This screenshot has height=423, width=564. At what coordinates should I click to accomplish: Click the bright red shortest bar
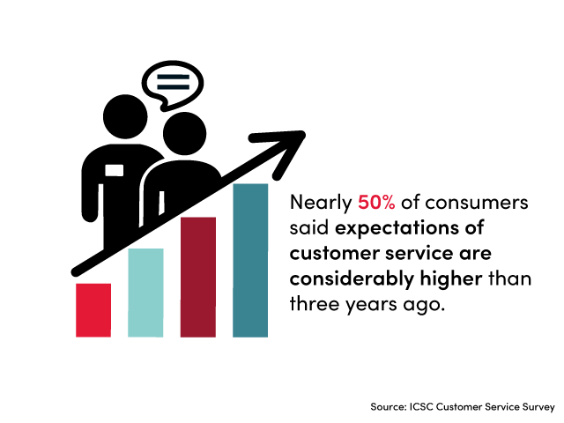[x=93, y=310]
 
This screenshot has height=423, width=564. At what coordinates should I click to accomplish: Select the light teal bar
[x=145, y=293]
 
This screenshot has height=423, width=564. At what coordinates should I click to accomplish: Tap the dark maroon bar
[x=198, y=277]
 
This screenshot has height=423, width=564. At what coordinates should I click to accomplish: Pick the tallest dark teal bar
[x=250, y=261]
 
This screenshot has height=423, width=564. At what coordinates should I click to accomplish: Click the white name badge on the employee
[x=115, y=170]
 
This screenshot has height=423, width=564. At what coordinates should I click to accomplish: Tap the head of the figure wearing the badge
[x=125, y=116]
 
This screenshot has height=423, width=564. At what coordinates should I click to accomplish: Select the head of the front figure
[x=184, y=133]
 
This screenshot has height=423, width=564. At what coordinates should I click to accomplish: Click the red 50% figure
[x=376, y=202]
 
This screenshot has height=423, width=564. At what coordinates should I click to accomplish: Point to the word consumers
[x=477, y=203]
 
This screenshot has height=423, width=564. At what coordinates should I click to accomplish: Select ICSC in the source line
[x=421, y=407]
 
